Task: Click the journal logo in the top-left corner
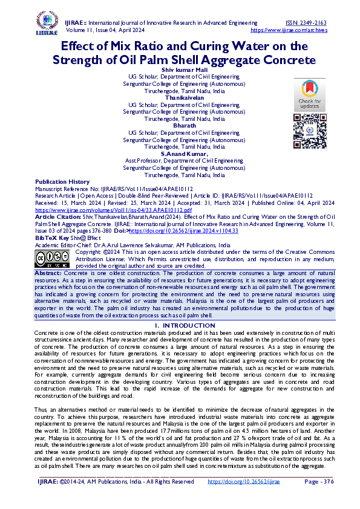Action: [x=47, y=24]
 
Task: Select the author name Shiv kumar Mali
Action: [x=183, y=70]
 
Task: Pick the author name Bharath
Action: [x=183, y=125]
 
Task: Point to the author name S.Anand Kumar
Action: [x=183, y=154]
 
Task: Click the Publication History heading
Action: [x=62, y=182]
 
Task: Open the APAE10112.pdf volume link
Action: [x=92, y=209]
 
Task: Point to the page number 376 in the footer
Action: [x=319, y=482]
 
